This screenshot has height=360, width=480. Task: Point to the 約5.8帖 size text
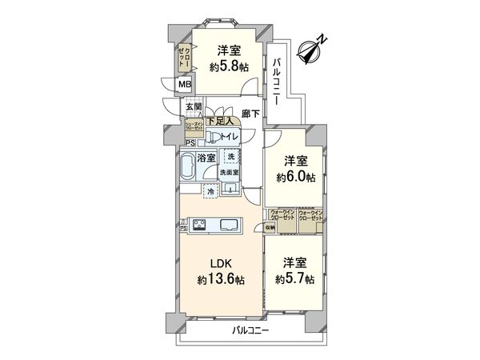coord(229,68)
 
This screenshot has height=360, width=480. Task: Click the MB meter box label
coord(184,85)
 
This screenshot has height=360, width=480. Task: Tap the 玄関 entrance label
coord(194,106)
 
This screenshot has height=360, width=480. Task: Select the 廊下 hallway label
coord(250,114)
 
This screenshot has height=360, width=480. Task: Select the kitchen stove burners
coord(198,225)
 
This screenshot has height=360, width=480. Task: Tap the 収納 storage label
coord(270,228)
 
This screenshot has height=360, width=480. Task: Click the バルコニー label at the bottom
coord(251,330)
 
